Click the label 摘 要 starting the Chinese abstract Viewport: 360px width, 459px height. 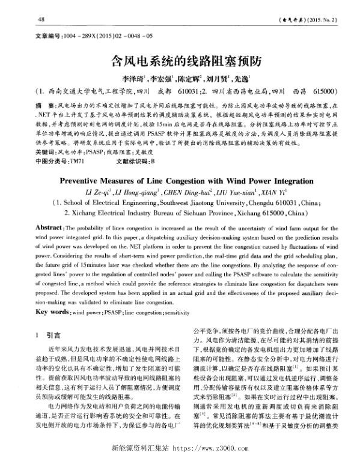tap(44, 105)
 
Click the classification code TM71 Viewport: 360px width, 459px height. tap(78, 145)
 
